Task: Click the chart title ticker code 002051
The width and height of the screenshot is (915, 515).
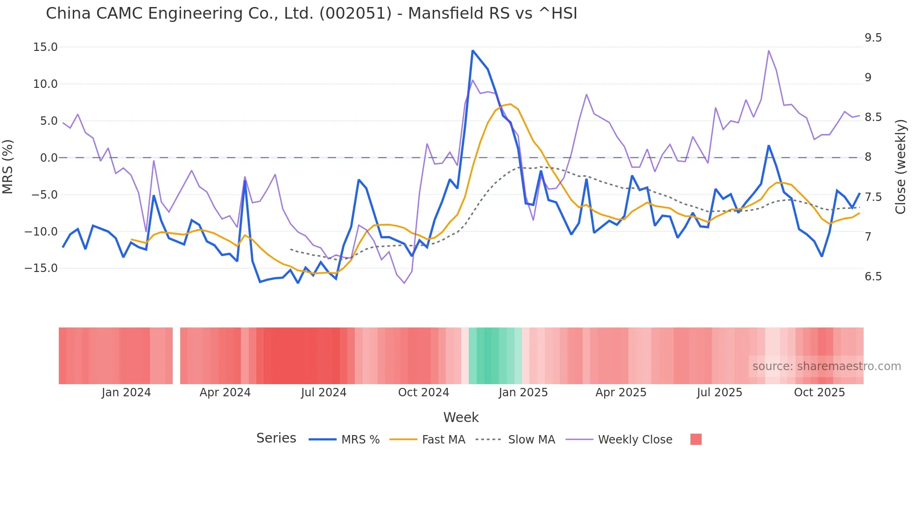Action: [355, 14]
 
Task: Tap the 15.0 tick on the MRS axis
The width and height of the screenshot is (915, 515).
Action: [45, 47]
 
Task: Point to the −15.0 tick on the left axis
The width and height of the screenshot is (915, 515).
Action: [41, 268]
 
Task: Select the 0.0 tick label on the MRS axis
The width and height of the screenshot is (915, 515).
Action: [49, 158]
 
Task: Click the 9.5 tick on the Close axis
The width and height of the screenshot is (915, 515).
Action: [873, 38]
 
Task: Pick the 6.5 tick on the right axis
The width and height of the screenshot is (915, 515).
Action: [873, 277]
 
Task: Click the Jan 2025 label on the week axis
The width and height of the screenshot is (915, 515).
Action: [523, 393]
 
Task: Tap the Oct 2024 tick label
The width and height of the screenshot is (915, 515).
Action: [423, 393]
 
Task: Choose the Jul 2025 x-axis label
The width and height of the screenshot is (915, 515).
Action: [719, 393]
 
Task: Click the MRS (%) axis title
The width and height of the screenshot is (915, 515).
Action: [8, 166]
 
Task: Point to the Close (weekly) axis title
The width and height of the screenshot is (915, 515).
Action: [901, 166]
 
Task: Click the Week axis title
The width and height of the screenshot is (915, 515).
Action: [461, 417]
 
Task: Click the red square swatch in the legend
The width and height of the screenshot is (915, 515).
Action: [696, 439]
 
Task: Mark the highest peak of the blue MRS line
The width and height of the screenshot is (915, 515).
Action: [472, 51]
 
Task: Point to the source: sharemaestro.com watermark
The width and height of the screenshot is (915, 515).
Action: [826, 366]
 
